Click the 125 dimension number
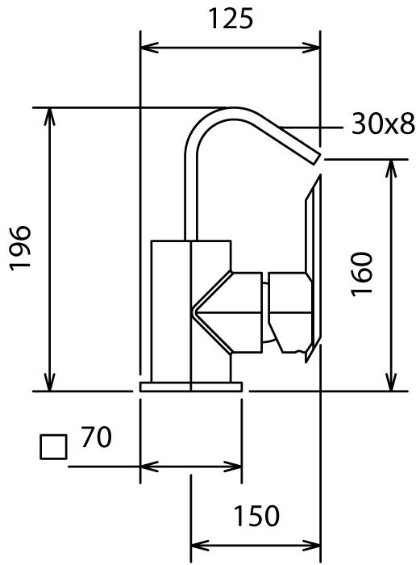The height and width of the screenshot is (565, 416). [x=231, y=19]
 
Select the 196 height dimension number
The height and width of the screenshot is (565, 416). [x=20, y=248]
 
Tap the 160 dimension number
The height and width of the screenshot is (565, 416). [x=361, y=274]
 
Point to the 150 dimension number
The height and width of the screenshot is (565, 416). [x=256, y=516]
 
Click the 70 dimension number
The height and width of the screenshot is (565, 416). [x=96, y=437]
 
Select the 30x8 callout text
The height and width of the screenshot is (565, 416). [x=382, y=123]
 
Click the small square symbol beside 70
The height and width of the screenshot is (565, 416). [x=53, y=447]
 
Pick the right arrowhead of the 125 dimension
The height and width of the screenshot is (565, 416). [x=311, y=47]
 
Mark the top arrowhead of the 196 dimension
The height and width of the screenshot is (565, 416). [x=50, y=117]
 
